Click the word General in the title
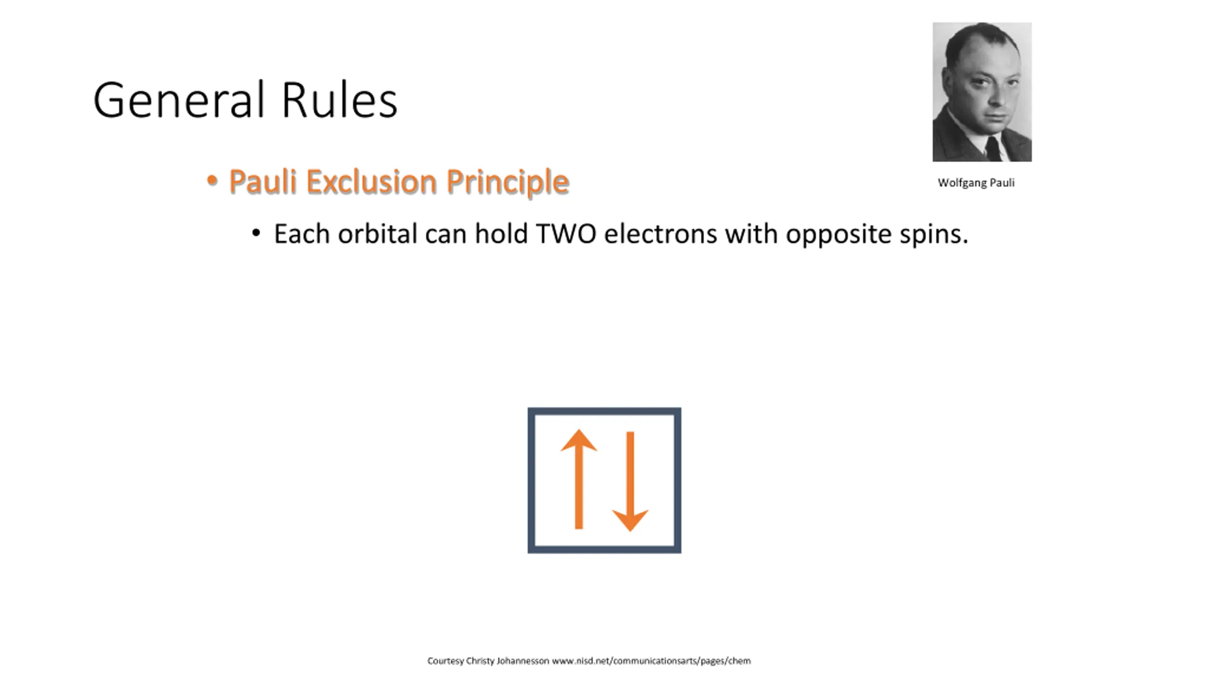coord(179,100)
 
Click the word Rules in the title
coord(340,100)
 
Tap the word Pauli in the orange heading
coord(263,181)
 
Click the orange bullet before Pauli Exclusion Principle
coord(212,180)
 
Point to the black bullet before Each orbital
coord(256,233)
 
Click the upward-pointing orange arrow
coord(579,479)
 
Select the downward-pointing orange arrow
coord(630,482)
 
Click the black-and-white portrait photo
coord(982,92)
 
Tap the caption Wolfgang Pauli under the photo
coord(976,183)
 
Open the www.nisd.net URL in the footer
coord(651,661)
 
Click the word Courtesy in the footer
coord(445,661)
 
